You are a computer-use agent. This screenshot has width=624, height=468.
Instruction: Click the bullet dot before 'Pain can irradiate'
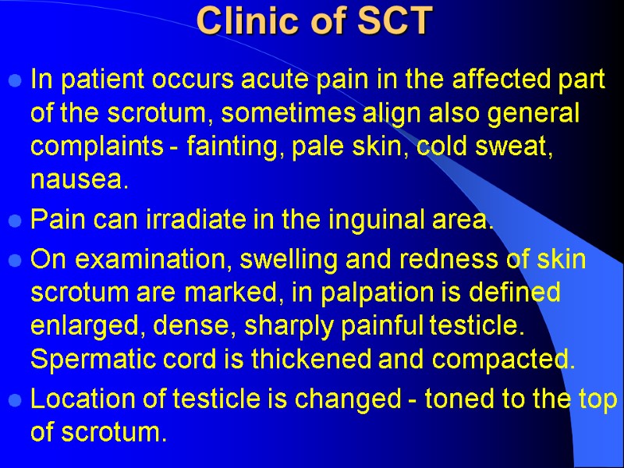(16, 224)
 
